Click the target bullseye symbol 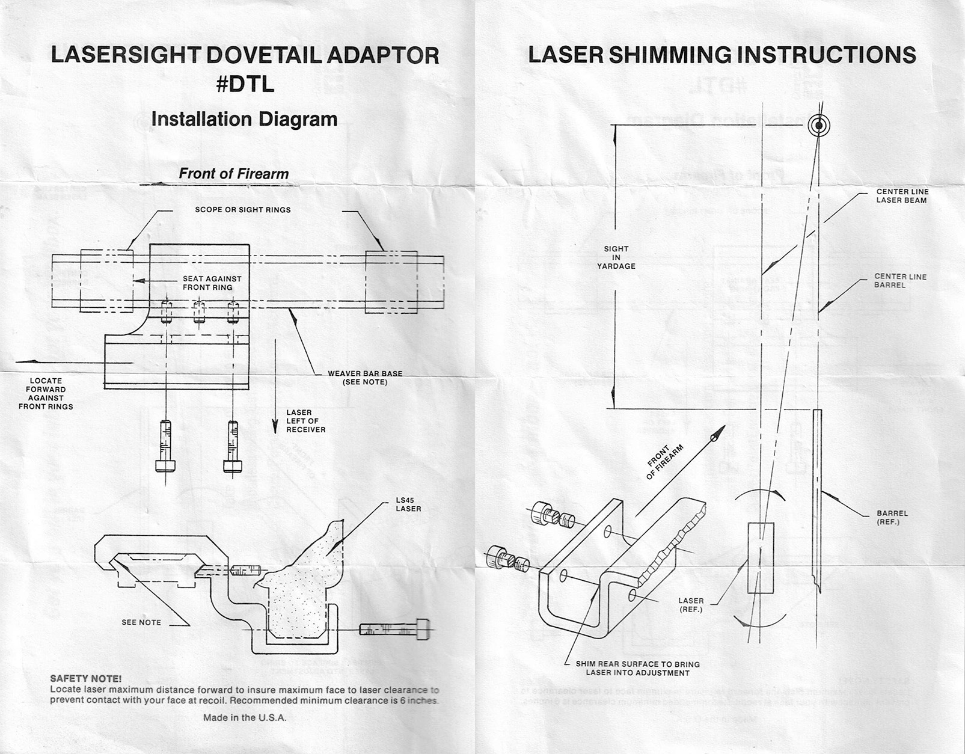coord(819,126)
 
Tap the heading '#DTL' coord(245,84)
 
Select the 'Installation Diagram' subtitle coord(244,120)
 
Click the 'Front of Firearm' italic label coord(234,174)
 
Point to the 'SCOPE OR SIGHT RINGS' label coord(243,210)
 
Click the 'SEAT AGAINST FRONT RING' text coord(212,283)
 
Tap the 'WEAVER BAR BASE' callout coord(365,378)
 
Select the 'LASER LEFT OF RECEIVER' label coord(305,421)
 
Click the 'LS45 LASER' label coord(408,504)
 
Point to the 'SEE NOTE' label coord(141,622)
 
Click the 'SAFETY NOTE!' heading coord(85,678)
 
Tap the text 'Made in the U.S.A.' coord(245,717)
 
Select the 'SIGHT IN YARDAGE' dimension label coord(616,257)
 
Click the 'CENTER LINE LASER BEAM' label coord(901,196)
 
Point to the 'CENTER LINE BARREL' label coord(900,281)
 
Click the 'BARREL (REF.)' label coord(892,517)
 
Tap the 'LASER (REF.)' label coord(691,605)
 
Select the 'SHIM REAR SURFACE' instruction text coord(638,668)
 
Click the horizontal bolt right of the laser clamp coord(395,629)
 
